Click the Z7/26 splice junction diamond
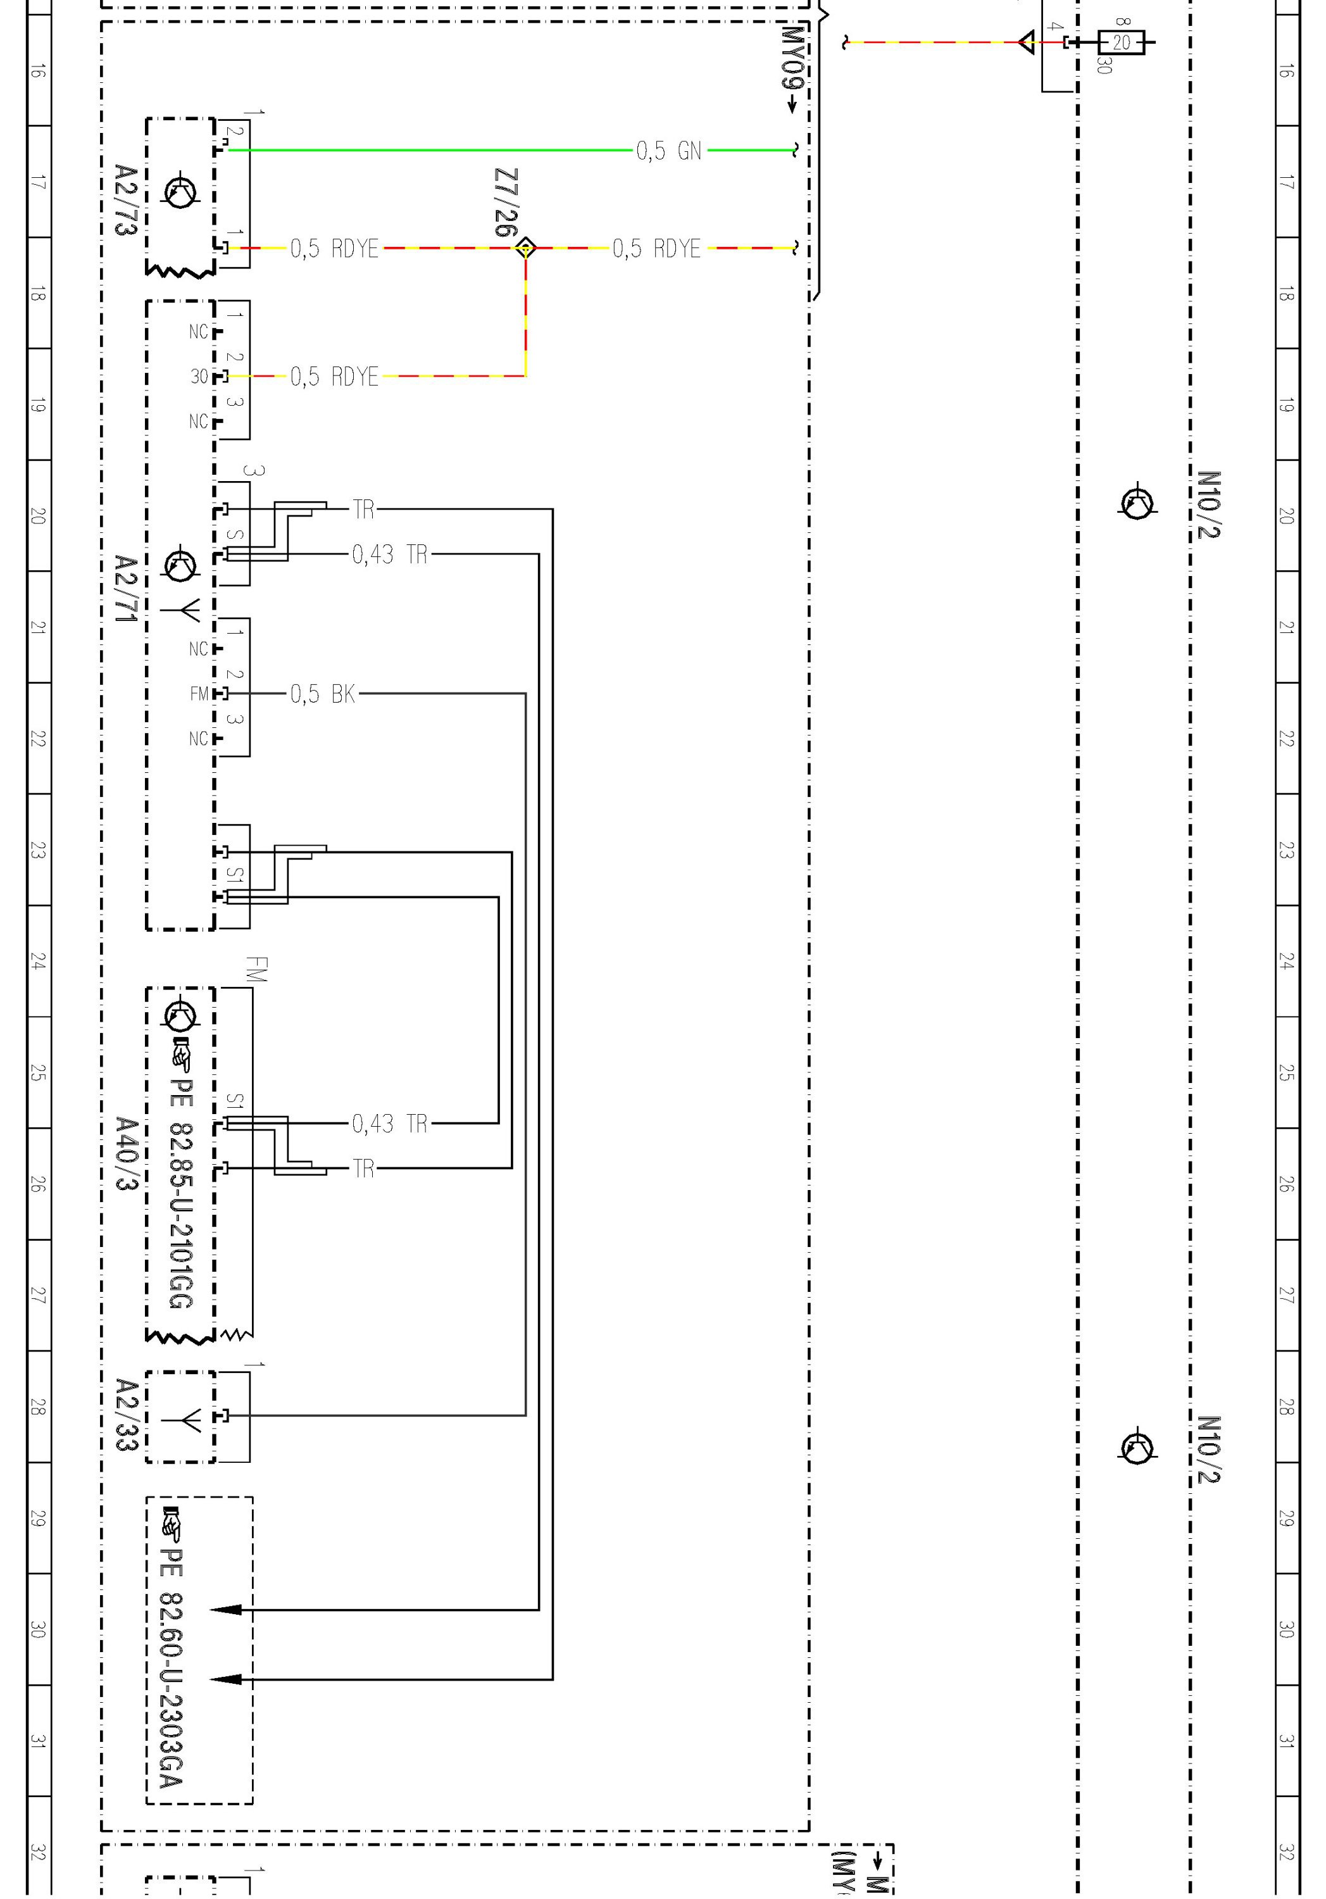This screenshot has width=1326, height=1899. click(x=525, y=248)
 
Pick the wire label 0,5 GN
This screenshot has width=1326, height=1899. click(x=668, y=151)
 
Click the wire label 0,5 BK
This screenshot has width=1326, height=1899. click(x=323, y=694)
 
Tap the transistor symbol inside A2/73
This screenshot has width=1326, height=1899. click(x=180, y=192)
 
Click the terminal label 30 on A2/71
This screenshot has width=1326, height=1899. click(x=199, y=377)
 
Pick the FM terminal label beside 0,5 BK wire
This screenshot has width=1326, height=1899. click(x=199, y=694)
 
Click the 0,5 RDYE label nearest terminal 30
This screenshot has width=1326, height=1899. click(x=334, y=377)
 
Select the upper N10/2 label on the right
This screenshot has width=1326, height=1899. click(x=1208, y=504)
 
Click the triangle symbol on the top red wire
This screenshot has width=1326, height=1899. click(x=1027, y=41)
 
